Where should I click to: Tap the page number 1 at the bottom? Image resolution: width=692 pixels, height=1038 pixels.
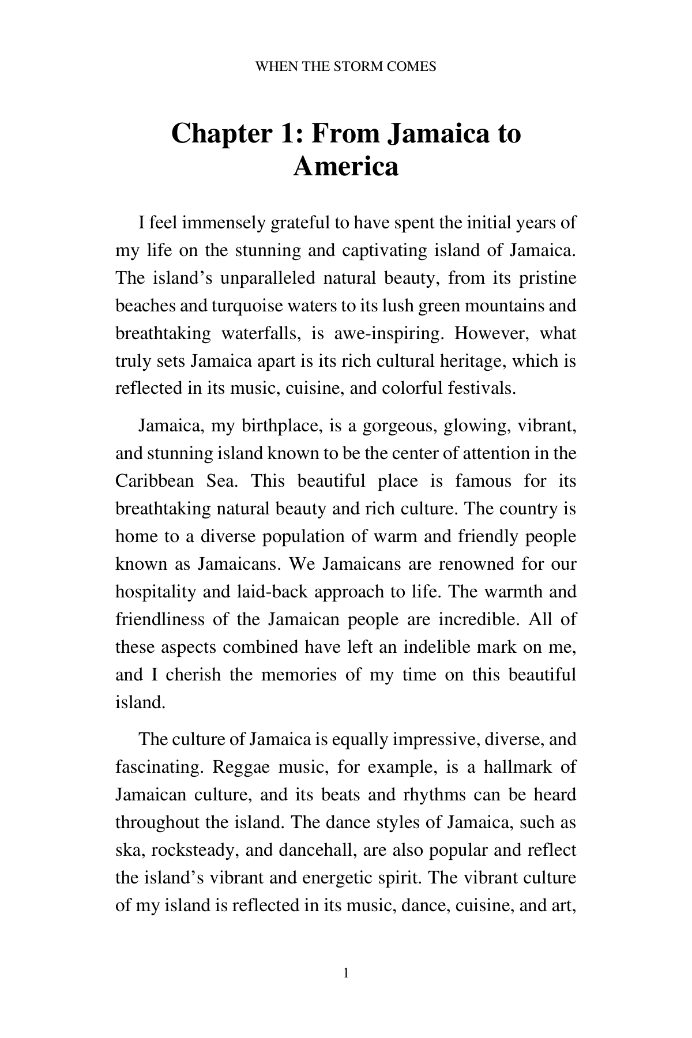tap(345, 973)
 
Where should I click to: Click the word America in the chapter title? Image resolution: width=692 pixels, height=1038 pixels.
tap(346, 167)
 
